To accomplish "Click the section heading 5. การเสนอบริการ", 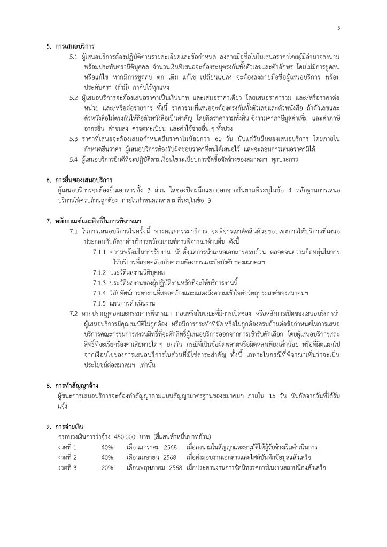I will [x=74, y=46].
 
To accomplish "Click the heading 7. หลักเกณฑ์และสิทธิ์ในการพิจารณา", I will [x=104, y=220].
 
